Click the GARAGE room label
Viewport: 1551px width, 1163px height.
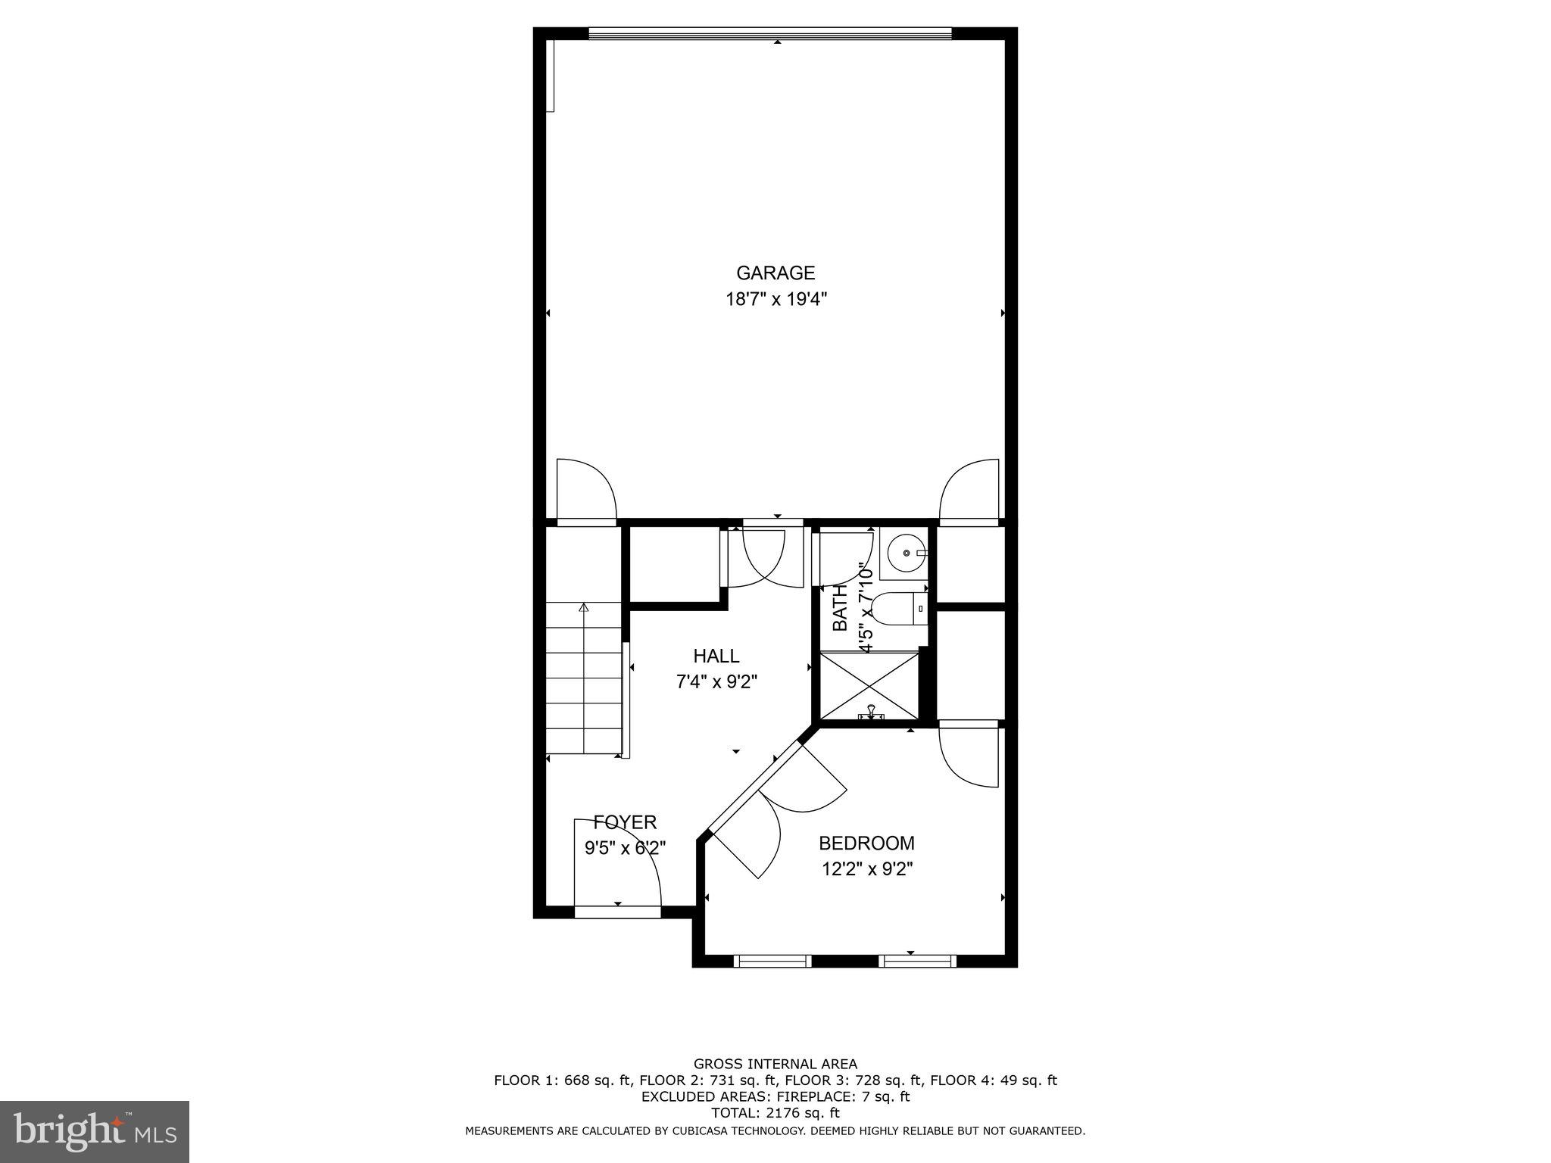coord(775,273)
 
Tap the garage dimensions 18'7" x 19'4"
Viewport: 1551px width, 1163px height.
coord(775,300)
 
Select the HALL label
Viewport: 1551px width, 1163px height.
coord(716,656)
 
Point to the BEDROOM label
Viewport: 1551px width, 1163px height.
coord(866,843)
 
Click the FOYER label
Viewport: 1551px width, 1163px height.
coord(625,822)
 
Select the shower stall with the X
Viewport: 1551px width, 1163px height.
coord(869,685)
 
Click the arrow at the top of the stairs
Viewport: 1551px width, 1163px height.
coord(583,607)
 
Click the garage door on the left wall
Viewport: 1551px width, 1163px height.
coord(585,491)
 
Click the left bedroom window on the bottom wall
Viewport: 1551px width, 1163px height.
coord(772,962)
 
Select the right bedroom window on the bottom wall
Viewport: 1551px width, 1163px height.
coord(917,962)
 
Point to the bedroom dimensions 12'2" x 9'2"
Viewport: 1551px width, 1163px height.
coord(867,869)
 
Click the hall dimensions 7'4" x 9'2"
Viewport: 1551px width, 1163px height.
coord(716,682)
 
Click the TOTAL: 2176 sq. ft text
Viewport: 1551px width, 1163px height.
coord(775,1113)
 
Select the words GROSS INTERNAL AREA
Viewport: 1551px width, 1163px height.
coord(775,1064)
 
